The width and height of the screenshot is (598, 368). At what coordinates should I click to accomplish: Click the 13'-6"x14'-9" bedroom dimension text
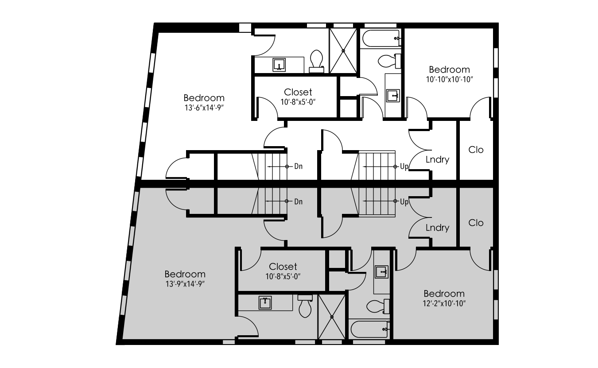[x=204, y=108]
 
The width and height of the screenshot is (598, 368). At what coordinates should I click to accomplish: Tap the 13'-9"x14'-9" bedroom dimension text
[x=185, y=284]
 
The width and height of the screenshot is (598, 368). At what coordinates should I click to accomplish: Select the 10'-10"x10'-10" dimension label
[x=450, y=80]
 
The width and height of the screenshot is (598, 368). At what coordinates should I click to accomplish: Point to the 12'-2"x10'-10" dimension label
[x=444, y=303]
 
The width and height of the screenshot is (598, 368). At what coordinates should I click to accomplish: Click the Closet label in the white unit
[x=298, y=92]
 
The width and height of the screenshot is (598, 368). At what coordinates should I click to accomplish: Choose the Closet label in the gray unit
[x=283, y=266]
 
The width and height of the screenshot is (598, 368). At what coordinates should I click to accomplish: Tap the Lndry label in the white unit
[x=437, y=159]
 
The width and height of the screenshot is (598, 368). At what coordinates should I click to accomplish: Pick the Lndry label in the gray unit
[x=437, y=228]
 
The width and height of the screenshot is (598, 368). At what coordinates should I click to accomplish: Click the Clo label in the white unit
[x=476, y=150]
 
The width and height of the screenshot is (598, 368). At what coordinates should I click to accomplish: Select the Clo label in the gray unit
[x=476, y=223]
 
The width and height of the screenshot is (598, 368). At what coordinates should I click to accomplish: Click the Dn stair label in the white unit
[x=299, y=166]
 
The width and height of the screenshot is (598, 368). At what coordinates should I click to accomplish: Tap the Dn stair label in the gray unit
[x=299, y=201]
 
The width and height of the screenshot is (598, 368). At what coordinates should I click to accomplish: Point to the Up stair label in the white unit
[x=404, y=167]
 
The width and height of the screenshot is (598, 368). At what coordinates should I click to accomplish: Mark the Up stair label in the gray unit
[x=404, y=202]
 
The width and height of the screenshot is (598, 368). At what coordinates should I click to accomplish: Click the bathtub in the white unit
[x=381, y=39]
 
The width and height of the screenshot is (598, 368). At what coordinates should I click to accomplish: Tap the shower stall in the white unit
[x=343, y=50]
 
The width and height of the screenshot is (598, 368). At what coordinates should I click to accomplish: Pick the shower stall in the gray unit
[x=332, y=317]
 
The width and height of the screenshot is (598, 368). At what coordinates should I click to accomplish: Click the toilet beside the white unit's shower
[x=317, y=61]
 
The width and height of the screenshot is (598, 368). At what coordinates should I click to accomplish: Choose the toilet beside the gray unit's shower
[x=305, y=306]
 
